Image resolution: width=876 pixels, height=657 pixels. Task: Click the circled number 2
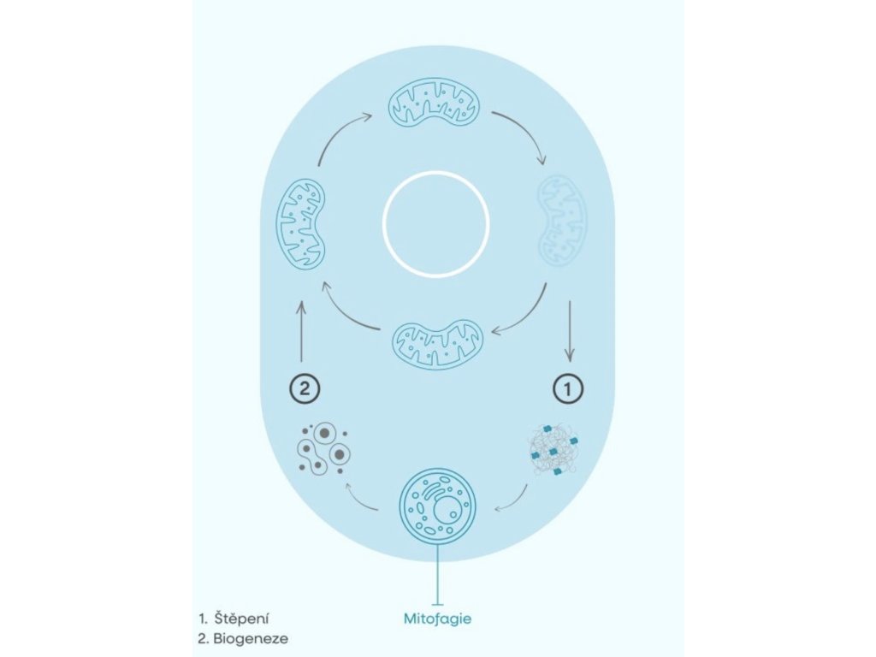tap(304, 388)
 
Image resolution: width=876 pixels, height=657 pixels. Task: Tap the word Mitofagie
tap(437, 617)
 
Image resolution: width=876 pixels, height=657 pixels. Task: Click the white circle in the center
tap(435, 224)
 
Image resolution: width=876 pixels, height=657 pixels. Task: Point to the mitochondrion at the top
tap(435, 103)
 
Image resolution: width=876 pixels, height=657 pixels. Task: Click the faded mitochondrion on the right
tap(561, 221)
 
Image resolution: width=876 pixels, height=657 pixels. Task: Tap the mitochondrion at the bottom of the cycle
tap(437, 345)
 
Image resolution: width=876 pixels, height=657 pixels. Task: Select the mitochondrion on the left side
tap(300, 222)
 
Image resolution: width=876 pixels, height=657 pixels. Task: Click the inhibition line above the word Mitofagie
tap(438, 578)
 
